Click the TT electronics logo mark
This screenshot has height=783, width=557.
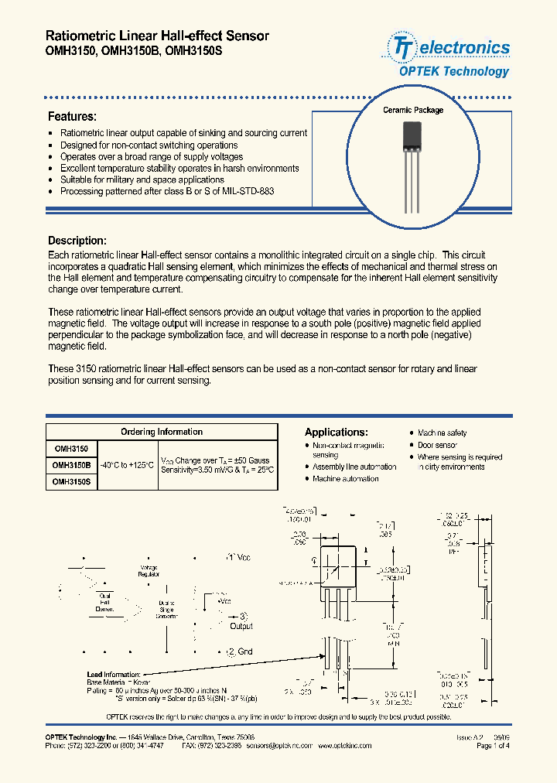(x=402, y=47)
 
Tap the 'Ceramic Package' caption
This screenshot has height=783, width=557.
(x=413, y=110)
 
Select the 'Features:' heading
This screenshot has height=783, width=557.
(x=72, y=117)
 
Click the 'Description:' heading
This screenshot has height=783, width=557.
(x=77, y=241)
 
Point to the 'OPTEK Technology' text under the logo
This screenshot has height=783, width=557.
(x=454, y=71)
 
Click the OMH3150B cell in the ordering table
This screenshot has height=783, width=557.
(x=71, y=466)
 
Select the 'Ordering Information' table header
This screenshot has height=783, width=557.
(x=162, y=432)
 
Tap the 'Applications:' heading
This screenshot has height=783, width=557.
(x=337, y=433)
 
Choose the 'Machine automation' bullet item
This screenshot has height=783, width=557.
(x=345, y=479)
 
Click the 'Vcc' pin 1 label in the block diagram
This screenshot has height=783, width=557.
(x=239, y=557)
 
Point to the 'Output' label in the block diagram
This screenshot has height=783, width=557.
(x=241, y=625)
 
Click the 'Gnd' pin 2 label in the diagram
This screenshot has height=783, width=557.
(x=241, y=652)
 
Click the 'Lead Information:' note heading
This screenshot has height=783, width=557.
(x=114, y=675)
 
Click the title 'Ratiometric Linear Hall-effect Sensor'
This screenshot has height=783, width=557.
(x=158, y=36)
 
